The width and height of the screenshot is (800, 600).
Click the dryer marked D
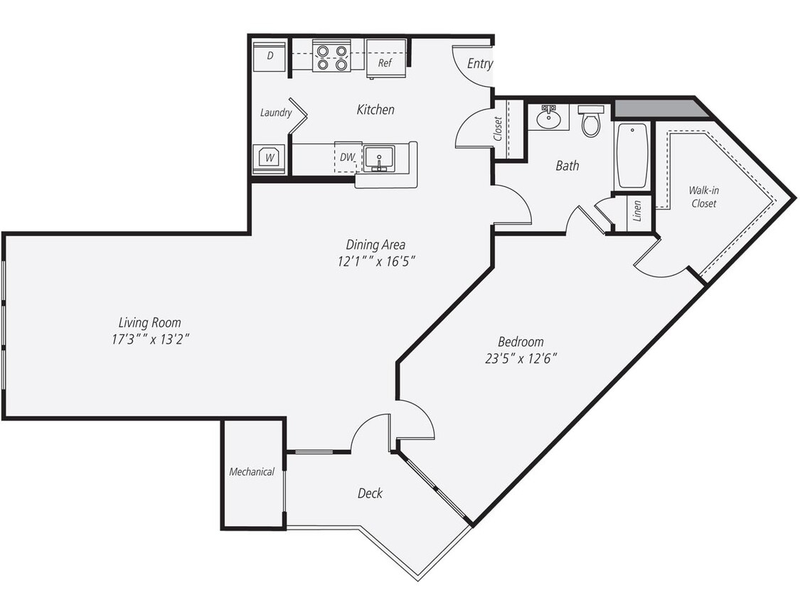(270, 56)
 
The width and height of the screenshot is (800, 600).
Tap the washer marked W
(270, 158)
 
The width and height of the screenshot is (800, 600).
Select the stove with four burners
(332, 58)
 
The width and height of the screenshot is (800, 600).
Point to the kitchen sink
(380, 158)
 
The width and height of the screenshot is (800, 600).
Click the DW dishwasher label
(346, 157)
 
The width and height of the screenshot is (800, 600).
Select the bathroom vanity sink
(548, 117)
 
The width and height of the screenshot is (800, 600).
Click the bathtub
(631, 156)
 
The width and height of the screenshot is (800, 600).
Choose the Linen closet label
(638, 211)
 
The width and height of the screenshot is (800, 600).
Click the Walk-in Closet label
(702, 197)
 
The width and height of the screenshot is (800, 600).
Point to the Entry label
(480, 63)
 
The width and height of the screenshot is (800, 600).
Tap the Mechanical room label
(252, 471)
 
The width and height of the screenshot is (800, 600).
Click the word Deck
(370, 493)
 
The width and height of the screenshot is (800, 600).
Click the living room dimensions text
(149, 339)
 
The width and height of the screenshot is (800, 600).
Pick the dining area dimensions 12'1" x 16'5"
(376, 261)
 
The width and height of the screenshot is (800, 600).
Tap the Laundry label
(276, 112)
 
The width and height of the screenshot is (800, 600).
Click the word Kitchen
(375, 109)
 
